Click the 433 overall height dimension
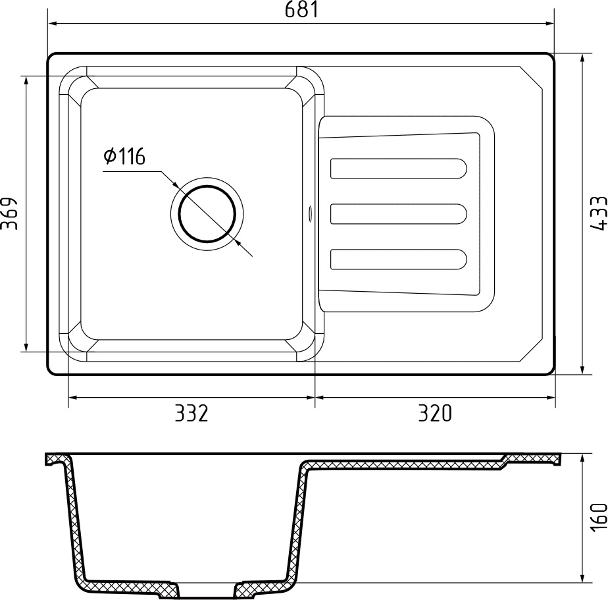(597, 214)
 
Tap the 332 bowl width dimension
(191, 413)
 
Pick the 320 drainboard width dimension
(435, 413)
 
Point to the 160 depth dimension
(597, 518)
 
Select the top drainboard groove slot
(398, 169)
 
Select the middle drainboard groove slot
(398, 214)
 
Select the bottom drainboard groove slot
(398, 259)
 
